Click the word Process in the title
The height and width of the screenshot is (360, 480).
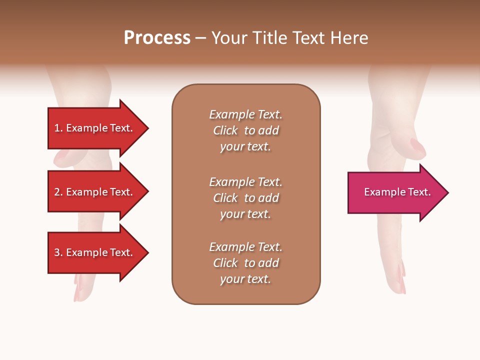[157, 38]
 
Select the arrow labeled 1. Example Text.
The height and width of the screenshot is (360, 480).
[95, 128]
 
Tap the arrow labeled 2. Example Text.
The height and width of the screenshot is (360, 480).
[95, 192]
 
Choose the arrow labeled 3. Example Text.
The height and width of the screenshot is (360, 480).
[95, 252]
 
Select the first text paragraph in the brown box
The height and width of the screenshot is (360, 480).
[245, 130]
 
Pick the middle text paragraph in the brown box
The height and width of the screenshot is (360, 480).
[245, 198]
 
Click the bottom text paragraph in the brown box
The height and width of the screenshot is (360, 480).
[245, 263]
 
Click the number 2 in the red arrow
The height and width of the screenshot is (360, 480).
[56, 192]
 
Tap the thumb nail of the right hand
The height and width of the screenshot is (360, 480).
[417, 146]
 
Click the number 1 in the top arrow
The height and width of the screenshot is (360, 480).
[56, 128]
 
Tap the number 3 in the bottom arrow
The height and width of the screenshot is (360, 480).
[56, 253]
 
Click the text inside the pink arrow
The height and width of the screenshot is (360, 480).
[397, 192]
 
